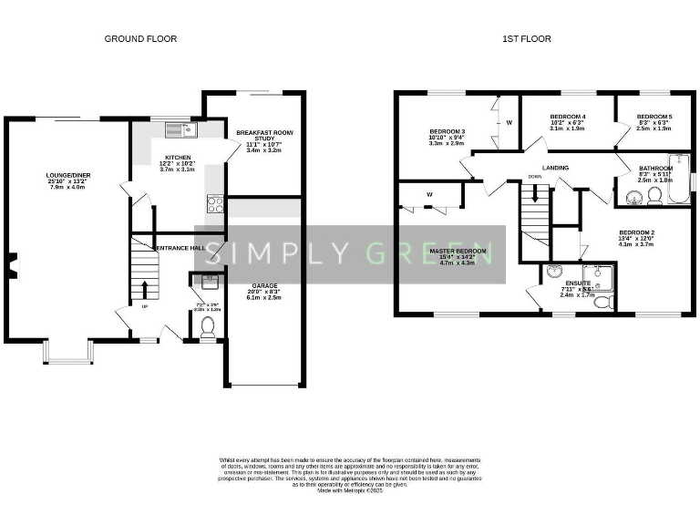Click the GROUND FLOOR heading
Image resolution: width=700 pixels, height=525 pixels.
click(x=140, y=38)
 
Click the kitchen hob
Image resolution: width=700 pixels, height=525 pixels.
click(x=216, y=204)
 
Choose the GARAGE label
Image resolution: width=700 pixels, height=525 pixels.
click(x=264, y=286)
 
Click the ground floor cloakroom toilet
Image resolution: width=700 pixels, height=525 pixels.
click(x=207, y=325)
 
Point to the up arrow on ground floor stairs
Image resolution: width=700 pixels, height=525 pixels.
click(x=143, y=288)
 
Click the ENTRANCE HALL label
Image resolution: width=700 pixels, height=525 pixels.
click(x=179, y=248)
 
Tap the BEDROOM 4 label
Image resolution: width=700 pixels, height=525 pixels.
click(x=568, y=117)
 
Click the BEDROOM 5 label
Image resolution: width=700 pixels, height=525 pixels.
click(x=654, y=117)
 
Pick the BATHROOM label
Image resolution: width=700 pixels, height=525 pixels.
click(x=655, y=169)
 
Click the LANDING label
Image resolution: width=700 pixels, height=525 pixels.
click(x=555, y=168)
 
